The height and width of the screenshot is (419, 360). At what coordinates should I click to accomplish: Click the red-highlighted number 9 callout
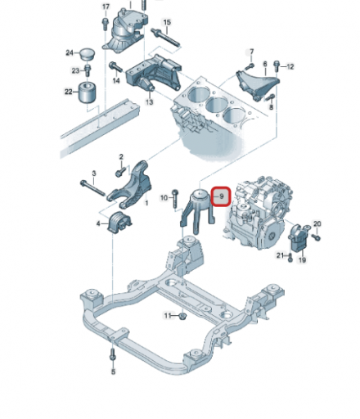tap(222, 196)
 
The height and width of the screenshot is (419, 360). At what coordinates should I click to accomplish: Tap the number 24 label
tap(70, 52)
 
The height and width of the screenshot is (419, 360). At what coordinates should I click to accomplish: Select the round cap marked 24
tap(88, 54)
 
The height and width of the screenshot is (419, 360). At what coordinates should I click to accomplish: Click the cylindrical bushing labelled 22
tap(88, 92)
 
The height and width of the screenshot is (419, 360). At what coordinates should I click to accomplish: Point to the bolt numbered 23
tap(88, 70)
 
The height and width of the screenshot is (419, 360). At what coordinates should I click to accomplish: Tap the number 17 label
tap(106, 7)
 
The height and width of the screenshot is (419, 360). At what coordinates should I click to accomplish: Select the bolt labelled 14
tap(115, 67)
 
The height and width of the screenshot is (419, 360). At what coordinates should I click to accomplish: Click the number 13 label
tap(149, 102)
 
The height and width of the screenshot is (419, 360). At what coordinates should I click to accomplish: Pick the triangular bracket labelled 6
tap(257, 84)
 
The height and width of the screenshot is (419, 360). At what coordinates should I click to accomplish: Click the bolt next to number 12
tap(277, 65)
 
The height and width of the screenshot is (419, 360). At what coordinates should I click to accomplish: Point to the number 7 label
tap(251, 52)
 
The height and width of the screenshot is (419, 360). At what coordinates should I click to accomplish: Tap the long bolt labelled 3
tap(92, 188)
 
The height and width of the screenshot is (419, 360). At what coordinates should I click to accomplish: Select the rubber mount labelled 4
tap(119, 223)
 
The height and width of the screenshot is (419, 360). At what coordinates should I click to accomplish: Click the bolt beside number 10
tap(175, 199)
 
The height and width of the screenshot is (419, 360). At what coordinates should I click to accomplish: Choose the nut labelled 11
tap(182, 317)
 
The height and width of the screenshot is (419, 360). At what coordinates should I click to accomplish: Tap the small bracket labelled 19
tap(299, 237)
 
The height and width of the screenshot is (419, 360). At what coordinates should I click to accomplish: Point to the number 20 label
tap(317, 224)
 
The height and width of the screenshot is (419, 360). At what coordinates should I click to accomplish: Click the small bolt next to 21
tap(290, 257)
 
